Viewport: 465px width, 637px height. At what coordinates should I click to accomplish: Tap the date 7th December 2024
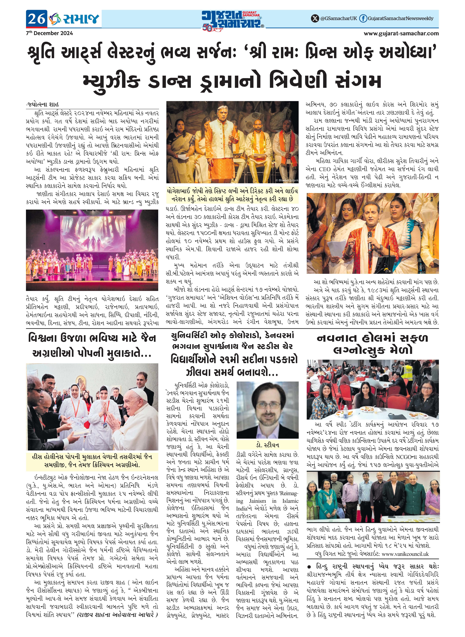point(50,33)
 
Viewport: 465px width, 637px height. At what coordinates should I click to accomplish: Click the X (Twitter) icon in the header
point(315,19)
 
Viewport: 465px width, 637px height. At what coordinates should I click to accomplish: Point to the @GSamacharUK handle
point(338,19)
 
